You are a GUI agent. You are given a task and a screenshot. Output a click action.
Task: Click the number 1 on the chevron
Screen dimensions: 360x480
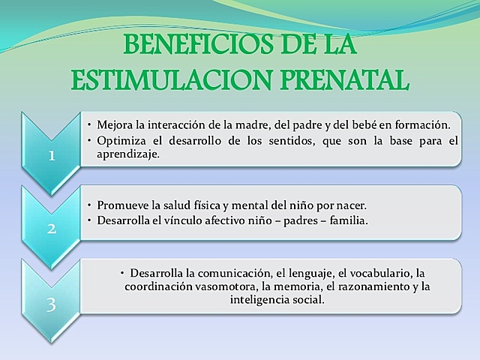tap(52, 157)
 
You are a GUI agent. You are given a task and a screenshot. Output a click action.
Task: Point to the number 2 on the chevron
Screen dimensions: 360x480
tap(52, 229)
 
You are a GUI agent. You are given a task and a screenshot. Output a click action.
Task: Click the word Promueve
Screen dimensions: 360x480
tap(122, 205)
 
